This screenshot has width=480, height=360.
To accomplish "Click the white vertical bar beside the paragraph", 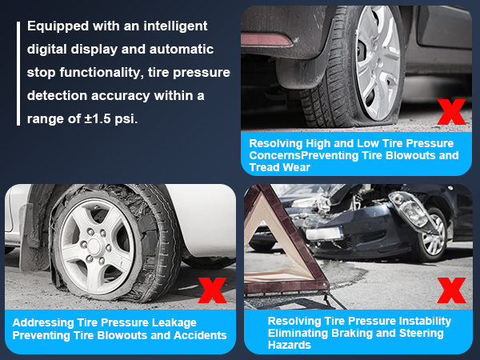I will pos(17,73).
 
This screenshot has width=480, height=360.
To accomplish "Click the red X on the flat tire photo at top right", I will pos(451,111).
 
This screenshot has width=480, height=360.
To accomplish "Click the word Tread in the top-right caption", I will pos(266,167).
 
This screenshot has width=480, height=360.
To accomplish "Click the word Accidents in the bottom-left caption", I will pos(201,334).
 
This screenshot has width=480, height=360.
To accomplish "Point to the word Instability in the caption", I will pos(420,321).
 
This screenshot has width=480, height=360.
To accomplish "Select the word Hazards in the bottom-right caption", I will pos(290,346).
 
